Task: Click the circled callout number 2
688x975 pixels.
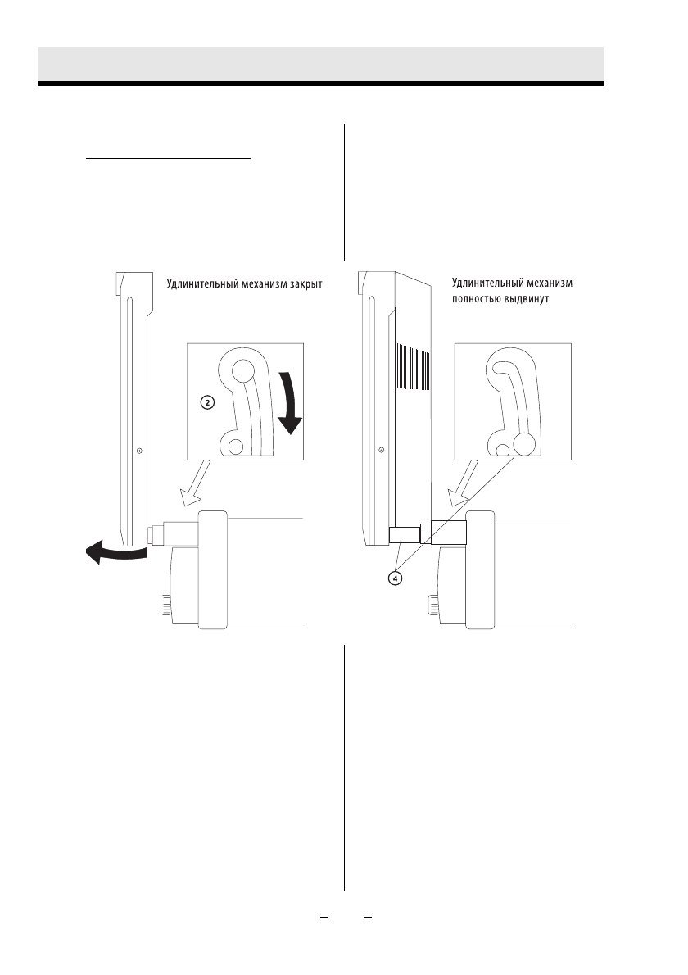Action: coord(208,403)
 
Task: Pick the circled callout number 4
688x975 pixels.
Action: coord(396,578)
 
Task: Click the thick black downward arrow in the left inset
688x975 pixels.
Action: coord(289,403)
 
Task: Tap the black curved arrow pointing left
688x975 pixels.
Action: coord(112,554)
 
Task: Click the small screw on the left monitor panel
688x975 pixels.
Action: coord(139,450)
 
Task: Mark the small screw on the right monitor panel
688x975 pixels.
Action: coord(382,450)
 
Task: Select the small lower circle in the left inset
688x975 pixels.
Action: coord(236,447)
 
